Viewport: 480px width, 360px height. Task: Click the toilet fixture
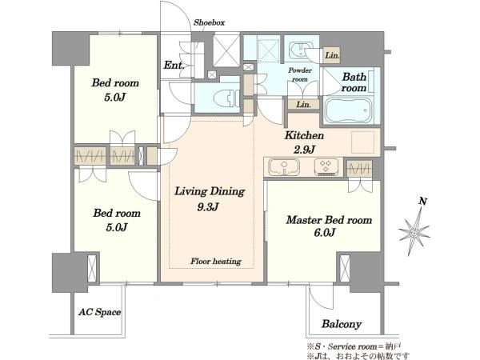pos(226,98)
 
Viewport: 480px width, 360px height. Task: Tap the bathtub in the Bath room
pos(348,110)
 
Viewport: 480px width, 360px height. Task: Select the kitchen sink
pos(284,167)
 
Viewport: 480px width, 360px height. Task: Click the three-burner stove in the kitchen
pos(326,167)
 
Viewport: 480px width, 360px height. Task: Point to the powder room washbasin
pos(299,50)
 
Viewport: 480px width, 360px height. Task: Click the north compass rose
pos(414,233)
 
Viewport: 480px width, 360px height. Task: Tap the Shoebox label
pos(210,22)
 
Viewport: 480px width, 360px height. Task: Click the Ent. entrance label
pos(174,65)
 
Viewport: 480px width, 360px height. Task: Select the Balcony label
pos(342,324)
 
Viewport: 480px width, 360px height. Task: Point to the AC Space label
pos(99,312)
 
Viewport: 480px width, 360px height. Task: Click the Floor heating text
pos(216,261)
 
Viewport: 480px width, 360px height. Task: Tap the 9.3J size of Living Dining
pos(208,207)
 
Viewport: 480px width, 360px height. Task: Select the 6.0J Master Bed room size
pos(325,232)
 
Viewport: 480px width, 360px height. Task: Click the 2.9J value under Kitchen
pos(304,150)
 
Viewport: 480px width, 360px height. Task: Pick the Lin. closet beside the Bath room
pos(332,55)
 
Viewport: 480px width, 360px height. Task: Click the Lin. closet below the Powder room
pos(304,104)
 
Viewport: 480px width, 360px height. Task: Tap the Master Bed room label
pos(329,220)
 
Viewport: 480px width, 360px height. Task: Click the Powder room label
pos(300,74)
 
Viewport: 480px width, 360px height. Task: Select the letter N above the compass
pos(423,201)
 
